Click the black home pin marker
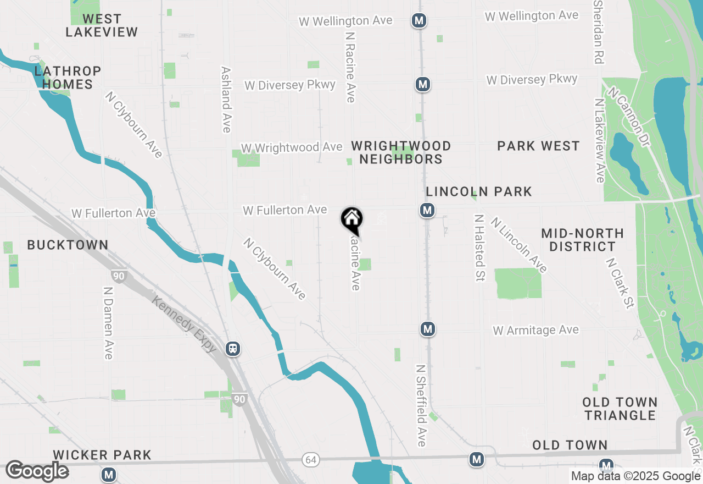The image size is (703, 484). click(x=352, y=219)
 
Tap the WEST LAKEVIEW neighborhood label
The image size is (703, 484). click(x=102, y=25)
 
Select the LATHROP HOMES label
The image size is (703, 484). click(x=68, y=78)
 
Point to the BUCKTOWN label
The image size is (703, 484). click(x=68, y=245)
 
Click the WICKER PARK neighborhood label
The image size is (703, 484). click(x=102, y=455)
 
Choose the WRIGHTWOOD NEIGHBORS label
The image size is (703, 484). click(x=401, y=152)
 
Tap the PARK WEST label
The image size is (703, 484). click(x=538, y=146)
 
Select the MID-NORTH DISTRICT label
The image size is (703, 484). click(x=582, y=240)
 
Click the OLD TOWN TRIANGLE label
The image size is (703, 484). click(x=620, y=409)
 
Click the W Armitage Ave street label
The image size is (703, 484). click(x=535, y=330)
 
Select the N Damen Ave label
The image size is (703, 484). click(x=108, y=323)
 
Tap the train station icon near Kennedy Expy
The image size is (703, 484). click(x=233, y=349)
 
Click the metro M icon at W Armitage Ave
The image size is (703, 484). click(x=428, y=329)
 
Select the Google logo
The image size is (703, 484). click(x=37, y=471)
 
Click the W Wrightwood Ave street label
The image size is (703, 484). click(x=291, y=148)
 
